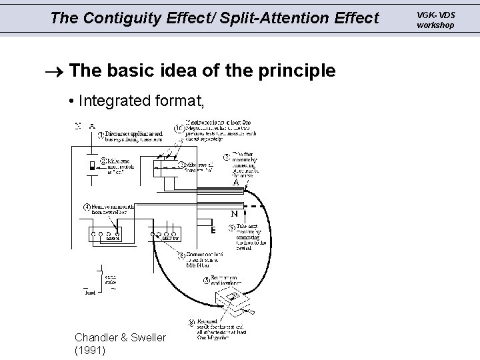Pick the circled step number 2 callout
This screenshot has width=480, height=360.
click(104, 160)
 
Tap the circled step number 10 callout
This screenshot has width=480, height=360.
click(178, 129)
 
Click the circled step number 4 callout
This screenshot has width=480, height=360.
click(87, 205)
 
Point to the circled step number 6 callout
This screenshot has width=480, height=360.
click(179, 254)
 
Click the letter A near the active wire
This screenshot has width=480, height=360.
click(236, 180)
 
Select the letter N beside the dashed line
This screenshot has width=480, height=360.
click(234, 214)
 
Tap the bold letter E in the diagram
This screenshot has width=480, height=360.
click(213, 231)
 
